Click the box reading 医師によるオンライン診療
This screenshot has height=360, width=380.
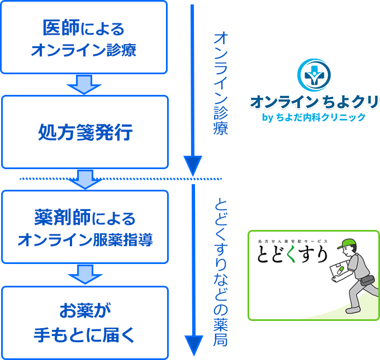point(84,37)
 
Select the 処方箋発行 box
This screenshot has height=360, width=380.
point(84,132)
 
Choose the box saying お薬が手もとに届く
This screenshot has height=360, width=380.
point(84,323)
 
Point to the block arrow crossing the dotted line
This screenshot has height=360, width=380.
point(84,179)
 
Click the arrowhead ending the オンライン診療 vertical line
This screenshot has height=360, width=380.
point(192,166)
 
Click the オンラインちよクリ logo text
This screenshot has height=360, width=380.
point(313,103)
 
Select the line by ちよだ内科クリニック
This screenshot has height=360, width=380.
point(313,117)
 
